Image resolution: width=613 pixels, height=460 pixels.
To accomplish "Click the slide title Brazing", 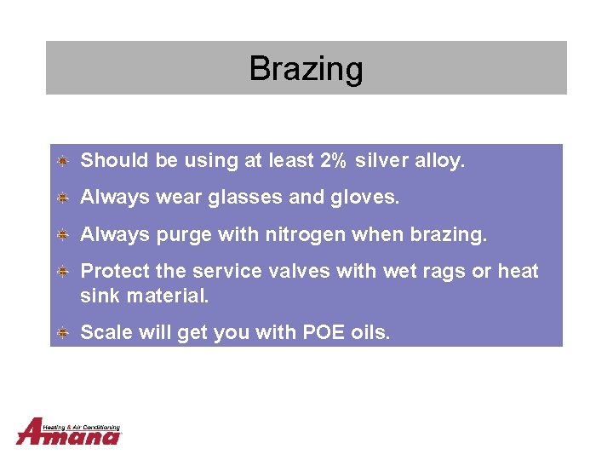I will (x=306, y=68).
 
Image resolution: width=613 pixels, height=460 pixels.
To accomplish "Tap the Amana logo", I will (x=69, y=432).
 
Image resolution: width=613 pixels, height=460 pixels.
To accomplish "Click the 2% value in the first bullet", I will (x=334, y=160).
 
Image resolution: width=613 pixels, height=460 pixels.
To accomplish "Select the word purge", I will (x=184, y=235).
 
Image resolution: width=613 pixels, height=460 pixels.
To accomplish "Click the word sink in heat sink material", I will (x=99, y=296).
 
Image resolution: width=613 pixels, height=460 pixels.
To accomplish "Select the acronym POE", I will (x=324, y=332).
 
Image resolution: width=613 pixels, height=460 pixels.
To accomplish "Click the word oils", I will (x=370, y=332).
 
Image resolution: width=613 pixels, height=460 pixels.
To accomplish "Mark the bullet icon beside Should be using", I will (x=64, y=160).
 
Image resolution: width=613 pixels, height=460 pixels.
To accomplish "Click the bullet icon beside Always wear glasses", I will (x=64, y=198).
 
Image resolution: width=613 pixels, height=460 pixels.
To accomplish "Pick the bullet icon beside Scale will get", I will (x=64, y=332).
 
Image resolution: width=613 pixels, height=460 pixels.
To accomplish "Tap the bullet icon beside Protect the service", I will (x=64, y=271).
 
